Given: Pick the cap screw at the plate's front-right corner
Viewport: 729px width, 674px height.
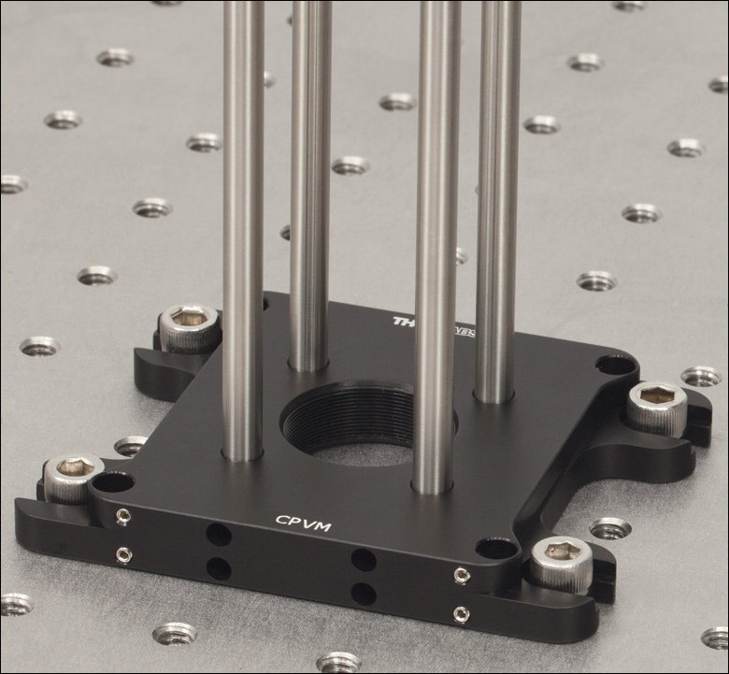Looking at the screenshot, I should [562, 561].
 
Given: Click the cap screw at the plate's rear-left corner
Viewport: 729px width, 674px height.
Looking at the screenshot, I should [189, 324].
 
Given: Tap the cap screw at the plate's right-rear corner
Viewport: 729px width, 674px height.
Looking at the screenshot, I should [657, 404].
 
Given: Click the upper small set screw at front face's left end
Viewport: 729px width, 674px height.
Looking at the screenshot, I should [123, 517].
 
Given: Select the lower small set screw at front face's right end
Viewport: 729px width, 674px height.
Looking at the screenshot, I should [461, 613].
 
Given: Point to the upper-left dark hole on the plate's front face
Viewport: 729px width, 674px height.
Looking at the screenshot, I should [219, 536].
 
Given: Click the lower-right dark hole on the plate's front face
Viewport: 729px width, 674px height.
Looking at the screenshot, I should [364, 593].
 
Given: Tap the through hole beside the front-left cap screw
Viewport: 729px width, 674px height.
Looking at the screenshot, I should [113, 482].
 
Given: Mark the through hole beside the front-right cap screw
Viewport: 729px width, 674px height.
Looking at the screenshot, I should [495, 549].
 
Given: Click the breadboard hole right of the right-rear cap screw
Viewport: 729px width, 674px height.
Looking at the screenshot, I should [701, 377].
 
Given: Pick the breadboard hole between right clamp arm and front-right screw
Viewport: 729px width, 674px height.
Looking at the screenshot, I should [609, 528].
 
